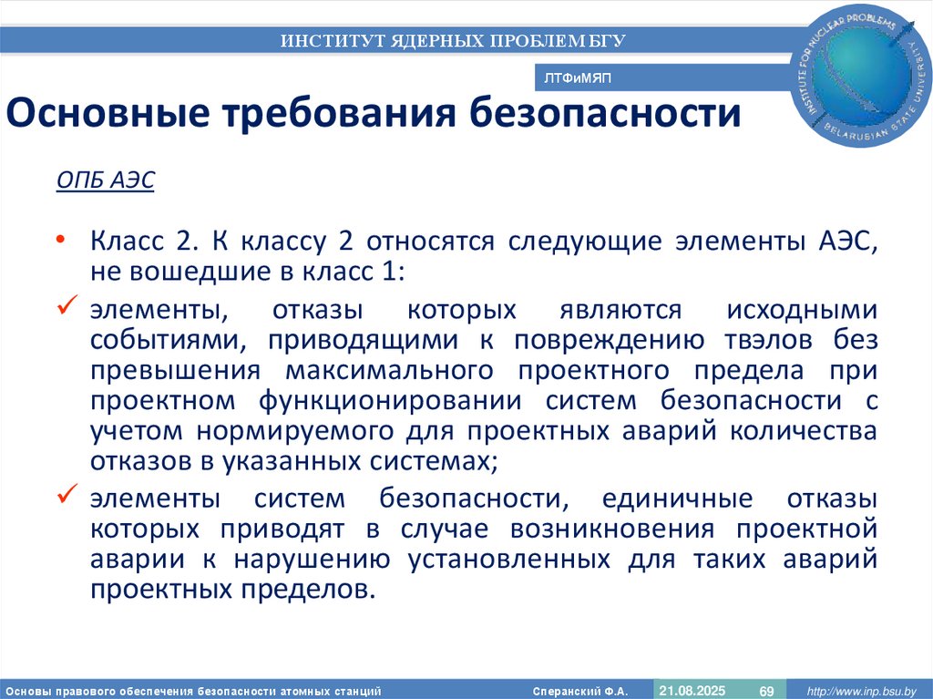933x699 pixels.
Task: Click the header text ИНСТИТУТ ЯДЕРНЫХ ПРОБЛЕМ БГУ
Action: (452, 40)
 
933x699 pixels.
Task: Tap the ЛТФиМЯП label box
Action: (577, 79)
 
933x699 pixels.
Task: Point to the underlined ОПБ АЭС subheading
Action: (106, 181)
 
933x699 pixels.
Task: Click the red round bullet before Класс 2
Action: (60, 240)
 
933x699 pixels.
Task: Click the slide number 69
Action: (766, 691)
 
